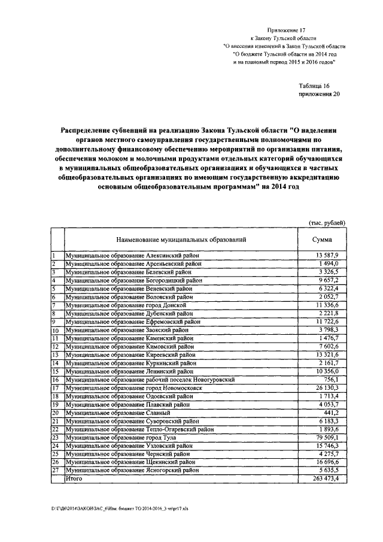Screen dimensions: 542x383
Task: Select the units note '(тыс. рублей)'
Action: tap(327, 223)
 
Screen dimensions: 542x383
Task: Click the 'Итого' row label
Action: tap(74, 479)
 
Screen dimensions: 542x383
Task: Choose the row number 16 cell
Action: tap(56, 380)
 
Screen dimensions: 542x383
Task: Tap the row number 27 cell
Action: tap(56, 471)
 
